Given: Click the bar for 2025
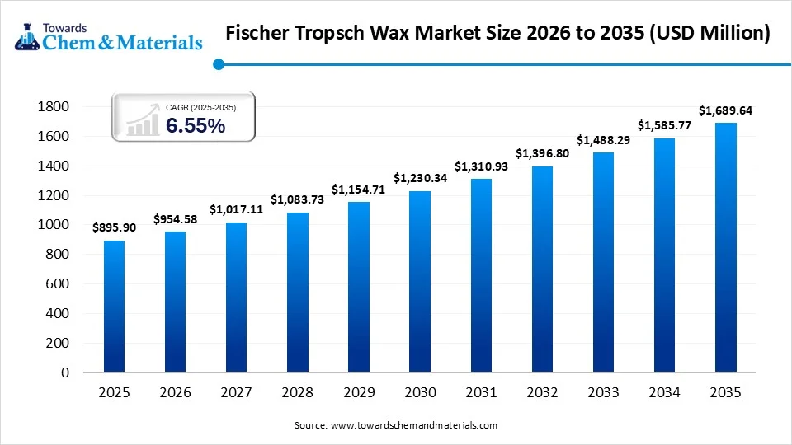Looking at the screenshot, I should [x=114, y=306].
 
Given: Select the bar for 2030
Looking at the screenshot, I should [x=419, y=281].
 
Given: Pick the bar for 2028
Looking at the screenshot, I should [x=297, y=292].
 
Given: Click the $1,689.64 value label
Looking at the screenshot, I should [x=725, y=110].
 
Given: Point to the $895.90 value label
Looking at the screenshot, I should [x=114, y=228].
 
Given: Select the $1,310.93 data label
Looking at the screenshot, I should [x=480, y=166].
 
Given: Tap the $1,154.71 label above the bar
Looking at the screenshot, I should [x=358, y=190].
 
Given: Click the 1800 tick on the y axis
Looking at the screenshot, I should [x=54, y=107].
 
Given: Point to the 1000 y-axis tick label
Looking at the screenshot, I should [x=54, y=225].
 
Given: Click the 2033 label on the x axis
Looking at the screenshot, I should [x=602, y=394].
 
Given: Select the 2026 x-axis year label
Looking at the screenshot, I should [x=175, y=394].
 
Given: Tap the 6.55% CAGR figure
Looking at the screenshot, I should [x=196, y=125].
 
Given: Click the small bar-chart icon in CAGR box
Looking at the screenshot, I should [x=143, y=121].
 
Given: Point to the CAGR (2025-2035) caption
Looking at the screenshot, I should [x=200, y=106].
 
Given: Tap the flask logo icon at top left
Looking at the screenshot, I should [x=26, y=33].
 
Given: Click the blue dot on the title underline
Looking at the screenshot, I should [x=218, y=64].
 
